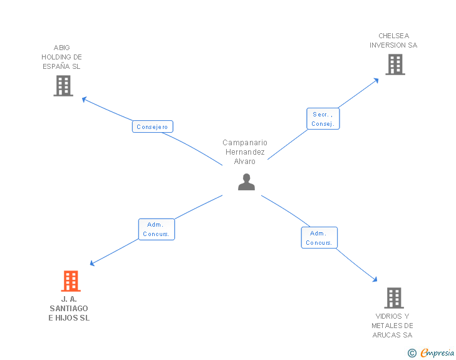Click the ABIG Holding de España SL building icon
point(63,86)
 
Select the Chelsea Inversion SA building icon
point(395,64)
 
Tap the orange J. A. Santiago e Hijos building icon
point(71,281)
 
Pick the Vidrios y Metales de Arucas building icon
point(393,298)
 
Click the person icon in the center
point(246,182)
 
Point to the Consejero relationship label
point(152,126)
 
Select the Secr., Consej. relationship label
point(323,119)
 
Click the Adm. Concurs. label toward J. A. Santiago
point(157,229)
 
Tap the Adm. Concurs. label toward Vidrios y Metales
point(319,238)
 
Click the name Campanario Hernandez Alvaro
point(245,152)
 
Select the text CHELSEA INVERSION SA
point(393,41)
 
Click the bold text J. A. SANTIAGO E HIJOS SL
point(69,309)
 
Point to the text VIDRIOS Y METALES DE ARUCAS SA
point(393,326)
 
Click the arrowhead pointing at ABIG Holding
point(85,99)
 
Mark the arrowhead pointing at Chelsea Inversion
point(376,80)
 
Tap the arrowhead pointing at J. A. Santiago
point(93,264)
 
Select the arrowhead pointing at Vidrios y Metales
point(375,280)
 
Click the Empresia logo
point(437,353)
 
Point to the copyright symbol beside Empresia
point(412,354)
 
